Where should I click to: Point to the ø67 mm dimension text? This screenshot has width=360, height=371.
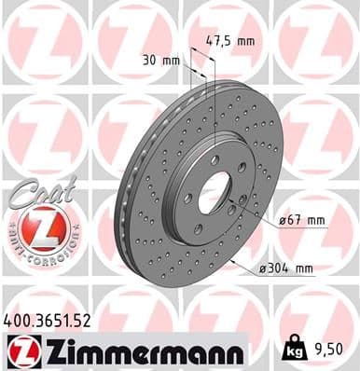(301, 221)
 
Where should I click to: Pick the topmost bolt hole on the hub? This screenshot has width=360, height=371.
(215, 160)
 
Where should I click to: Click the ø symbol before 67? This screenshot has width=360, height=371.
(282, 221)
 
